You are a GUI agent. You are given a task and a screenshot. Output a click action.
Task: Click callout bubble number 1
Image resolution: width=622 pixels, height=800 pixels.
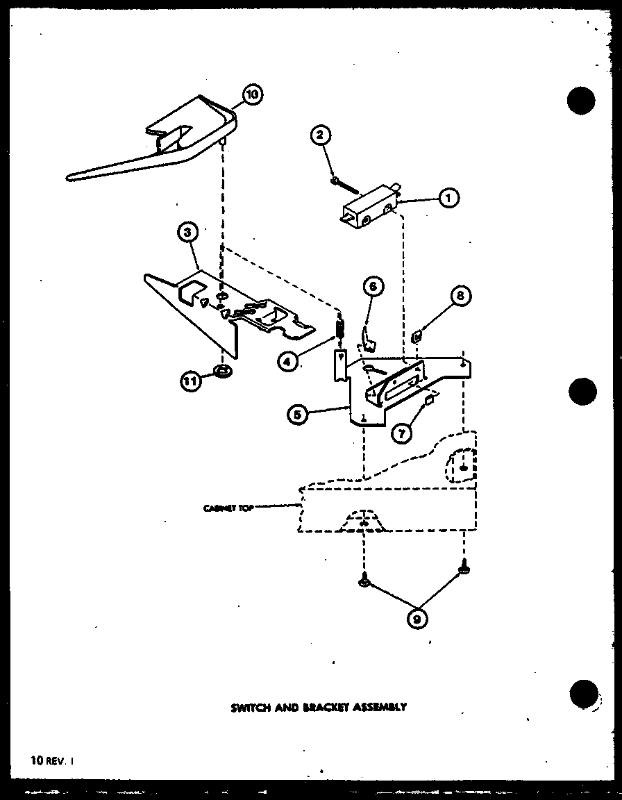[x=448, y=199]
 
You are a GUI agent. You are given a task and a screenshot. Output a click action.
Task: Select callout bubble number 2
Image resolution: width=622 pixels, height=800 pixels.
[x=320, y=135]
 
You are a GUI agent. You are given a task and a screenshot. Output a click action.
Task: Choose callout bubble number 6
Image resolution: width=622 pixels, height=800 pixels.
[x=372, y=286]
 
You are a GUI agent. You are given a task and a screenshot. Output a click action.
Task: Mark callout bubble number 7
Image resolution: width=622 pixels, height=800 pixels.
[x=401, y=433]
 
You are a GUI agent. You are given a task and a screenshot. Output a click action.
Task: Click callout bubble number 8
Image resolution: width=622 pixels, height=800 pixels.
[x=460, y=296]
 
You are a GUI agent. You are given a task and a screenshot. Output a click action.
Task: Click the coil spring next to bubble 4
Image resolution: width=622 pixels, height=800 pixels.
[x=340, y=326]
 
